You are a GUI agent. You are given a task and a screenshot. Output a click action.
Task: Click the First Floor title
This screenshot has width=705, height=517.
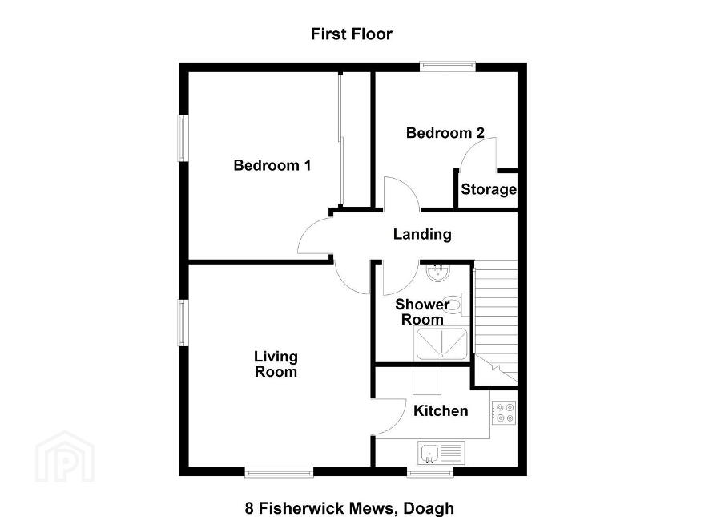352,34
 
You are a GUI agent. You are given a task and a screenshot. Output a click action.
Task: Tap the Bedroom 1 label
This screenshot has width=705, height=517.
272,165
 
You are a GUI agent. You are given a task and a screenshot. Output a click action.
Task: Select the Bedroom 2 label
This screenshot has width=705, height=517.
445,133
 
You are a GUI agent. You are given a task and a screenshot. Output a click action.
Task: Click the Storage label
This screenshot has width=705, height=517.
489,189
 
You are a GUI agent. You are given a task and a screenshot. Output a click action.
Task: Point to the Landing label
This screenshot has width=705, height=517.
422,234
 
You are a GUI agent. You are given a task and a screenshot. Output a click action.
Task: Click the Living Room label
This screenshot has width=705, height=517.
276,364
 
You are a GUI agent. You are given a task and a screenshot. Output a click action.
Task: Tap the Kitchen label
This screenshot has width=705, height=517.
441,411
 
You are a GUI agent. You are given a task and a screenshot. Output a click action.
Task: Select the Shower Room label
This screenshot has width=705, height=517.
421,312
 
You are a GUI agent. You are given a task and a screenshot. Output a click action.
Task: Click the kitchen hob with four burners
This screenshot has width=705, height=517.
504,413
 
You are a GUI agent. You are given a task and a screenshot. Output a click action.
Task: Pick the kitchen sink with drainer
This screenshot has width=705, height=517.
441,453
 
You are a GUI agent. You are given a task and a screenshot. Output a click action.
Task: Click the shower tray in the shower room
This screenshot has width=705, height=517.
441,344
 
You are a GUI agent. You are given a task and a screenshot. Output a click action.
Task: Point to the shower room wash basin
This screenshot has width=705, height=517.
437,272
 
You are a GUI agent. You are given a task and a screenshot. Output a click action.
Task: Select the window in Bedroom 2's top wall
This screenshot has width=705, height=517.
448,67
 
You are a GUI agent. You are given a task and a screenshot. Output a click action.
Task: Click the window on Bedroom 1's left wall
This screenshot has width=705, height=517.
183,138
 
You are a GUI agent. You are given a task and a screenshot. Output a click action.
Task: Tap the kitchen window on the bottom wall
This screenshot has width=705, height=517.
430,472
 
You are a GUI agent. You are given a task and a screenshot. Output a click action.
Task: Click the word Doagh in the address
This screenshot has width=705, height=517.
429,508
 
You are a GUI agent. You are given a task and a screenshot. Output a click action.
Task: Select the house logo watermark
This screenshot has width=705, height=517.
65,456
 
